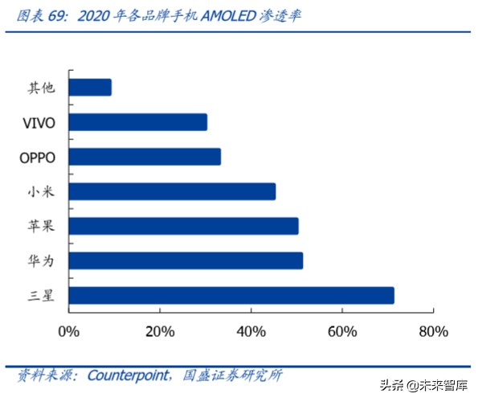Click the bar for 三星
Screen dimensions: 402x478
coord(231,296)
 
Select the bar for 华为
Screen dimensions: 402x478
coord(186,260)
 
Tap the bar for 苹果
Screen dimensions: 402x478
coord(183,226)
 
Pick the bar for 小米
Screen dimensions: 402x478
coord(172,191)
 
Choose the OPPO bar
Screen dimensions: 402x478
coord(145,157)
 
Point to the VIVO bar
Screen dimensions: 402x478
coord(138,122)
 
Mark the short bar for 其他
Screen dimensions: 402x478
coord(90,88)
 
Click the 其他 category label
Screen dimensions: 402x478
coord(41,88)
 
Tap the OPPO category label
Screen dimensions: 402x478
coord(37,157)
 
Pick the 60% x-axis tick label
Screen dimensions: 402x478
coord(342,330)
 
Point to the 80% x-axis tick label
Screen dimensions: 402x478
coord(433,330)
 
